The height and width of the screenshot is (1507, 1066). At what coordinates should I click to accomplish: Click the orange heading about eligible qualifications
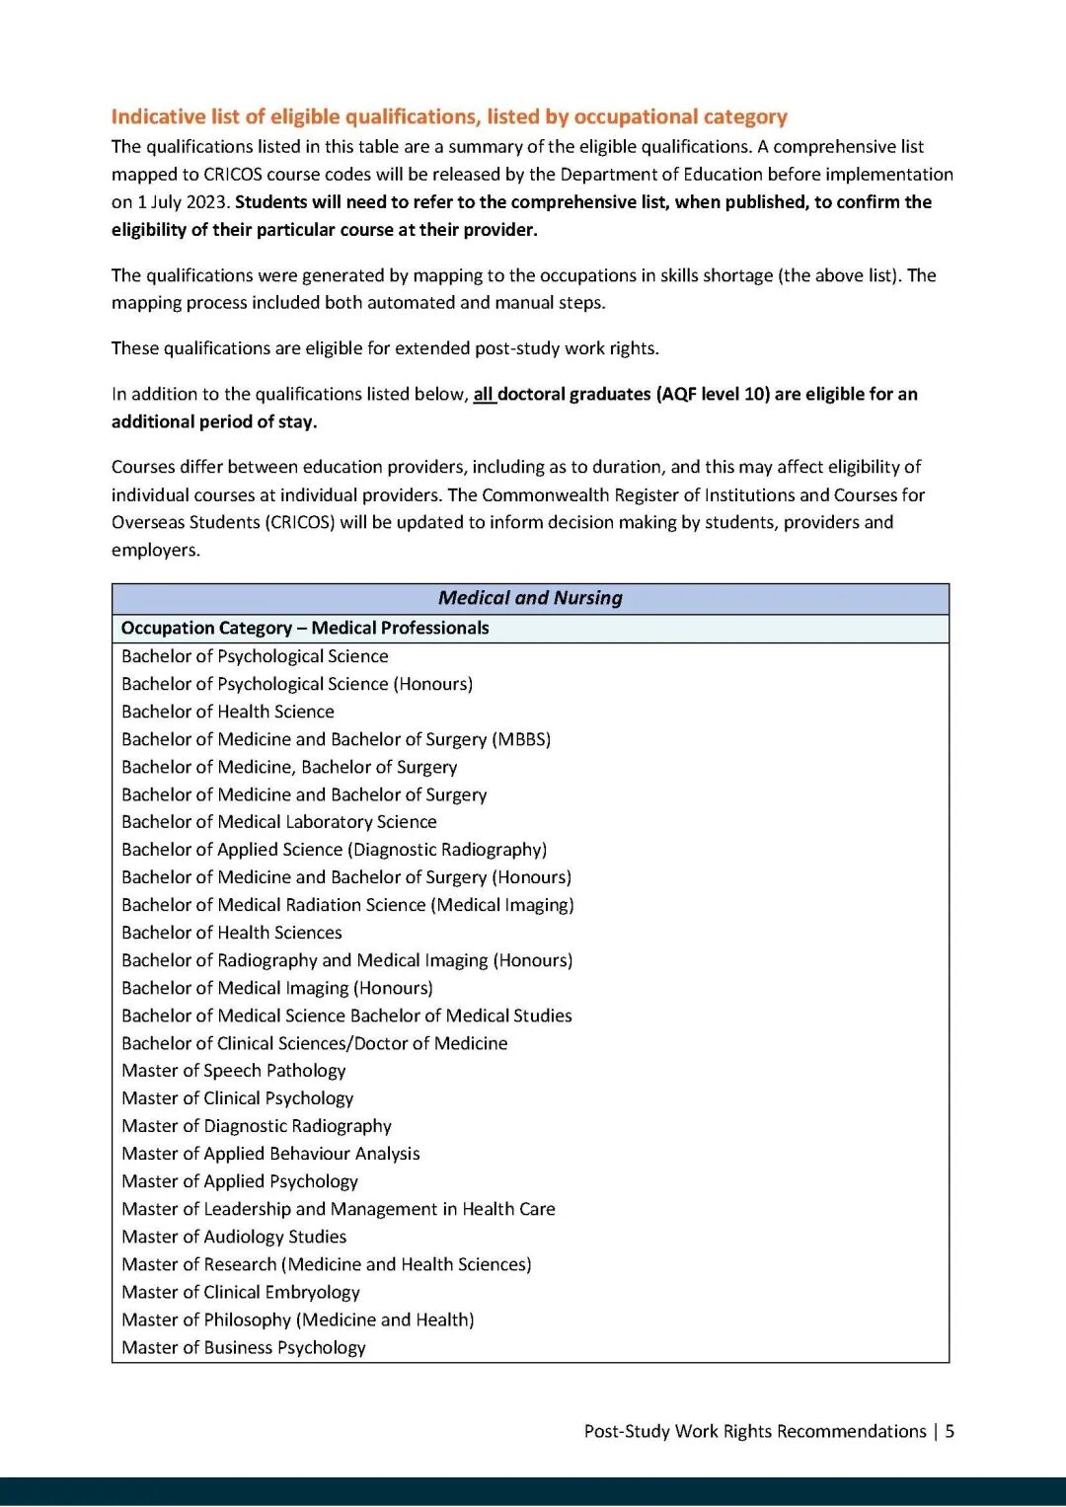pyautogui.click(x=449, y=116)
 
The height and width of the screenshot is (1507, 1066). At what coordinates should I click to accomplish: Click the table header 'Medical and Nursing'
pyautogui.click(x=530, y=598)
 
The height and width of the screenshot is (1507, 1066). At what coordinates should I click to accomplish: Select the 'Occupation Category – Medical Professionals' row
pyautogui.click(x=305, y=628)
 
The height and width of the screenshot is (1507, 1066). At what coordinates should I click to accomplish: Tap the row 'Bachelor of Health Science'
pyautogui.click(x=228, y=712)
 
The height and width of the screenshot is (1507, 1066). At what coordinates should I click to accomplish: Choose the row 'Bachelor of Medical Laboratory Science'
pyautogui.click(x=279, y=822)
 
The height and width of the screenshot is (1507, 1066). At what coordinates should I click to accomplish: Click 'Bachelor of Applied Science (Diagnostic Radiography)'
pyautogui.click(x=334, y=850)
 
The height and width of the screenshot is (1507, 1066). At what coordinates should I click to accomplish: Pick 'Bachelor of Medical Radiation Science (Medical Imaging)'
pyautogui.click(x=347, y=905)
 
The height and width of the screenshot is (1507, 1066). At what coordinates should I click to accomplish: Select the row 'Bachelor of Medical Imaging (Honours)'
pyautogui.click(x=277, y=988)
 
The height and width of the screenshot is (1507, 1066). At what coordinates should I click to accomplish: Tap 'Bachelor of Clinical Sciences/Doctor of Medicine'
pyautogui.click(x=315, y=1043)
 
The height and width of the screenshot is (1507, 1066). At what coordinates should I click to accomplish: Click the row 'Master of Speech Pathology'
pyautogui.click(x=234, y=1071)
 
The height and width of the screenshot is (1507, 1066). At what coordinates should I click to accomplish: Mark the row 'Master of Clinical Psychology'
pyautogui.click(x=238, y=1098)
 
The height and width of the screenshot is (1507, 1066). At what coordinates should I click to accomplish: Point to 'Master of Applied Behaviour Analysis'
pyautogui.click(x=270, y=1154)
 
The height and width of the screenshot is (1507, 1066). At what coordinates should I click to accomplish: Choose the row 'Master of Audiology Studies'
pyautogui.click(x=234, y=1237)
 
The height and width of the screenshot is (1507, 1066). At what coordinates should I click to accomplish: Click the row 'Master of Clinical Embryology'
pyautogui.click(x=241, y=1292)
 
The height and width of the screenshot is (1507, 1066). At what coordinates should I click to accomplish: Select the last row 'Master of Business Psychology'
pyautogui.click(x=244, y=1347)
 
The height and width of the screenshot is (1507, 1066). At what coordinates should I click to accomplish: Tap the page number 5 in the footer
pyautogui.click(x=950, y=1431)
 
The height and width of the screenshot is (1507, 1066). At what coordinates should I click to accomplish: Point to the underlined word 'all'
pyautogui.click(x=483, y=395)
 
